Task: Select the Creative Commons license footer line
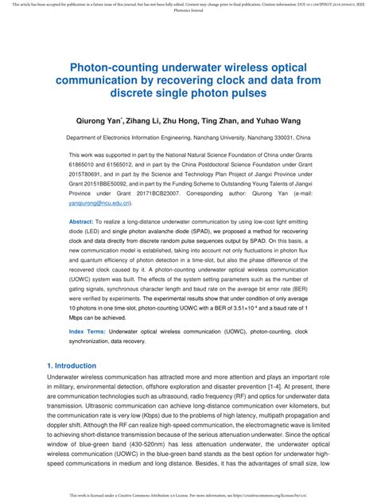click(x=188, y=496)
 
